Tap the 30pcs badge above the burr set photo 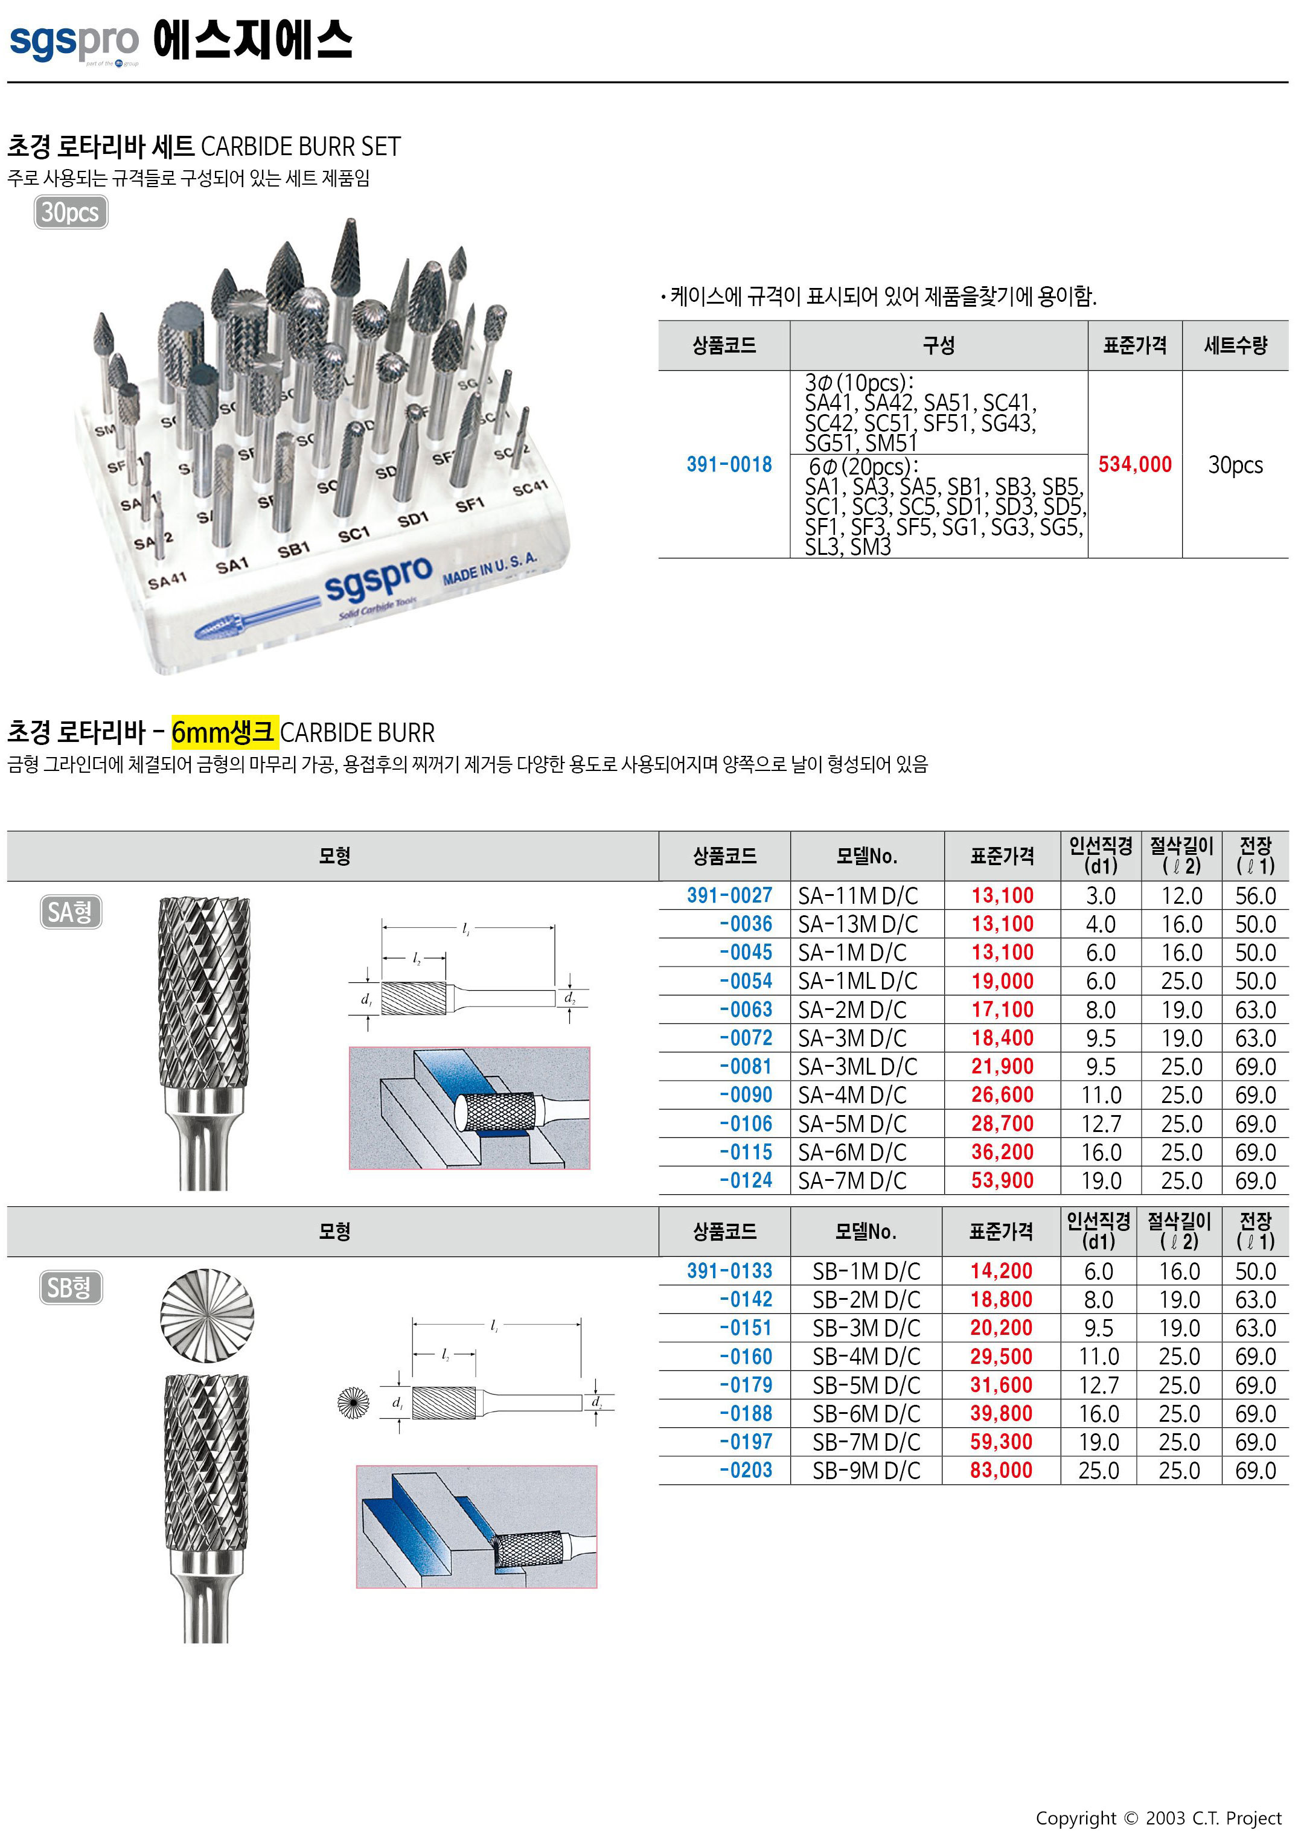(x=71, y=213)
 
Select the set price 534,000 (x=1134, y=464)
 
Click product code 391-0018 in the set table (x=729, y=464)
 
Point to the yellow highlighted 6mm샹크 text (x=225, y=732)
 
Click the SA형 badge (x=71, y=912)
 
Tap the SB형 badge (x=71, y=1288)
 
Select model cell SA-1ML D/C (x=857, y=981)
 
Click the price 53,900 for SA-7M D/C (x=1002, y=1181)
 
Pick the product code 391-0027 (x=729, y=895)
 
